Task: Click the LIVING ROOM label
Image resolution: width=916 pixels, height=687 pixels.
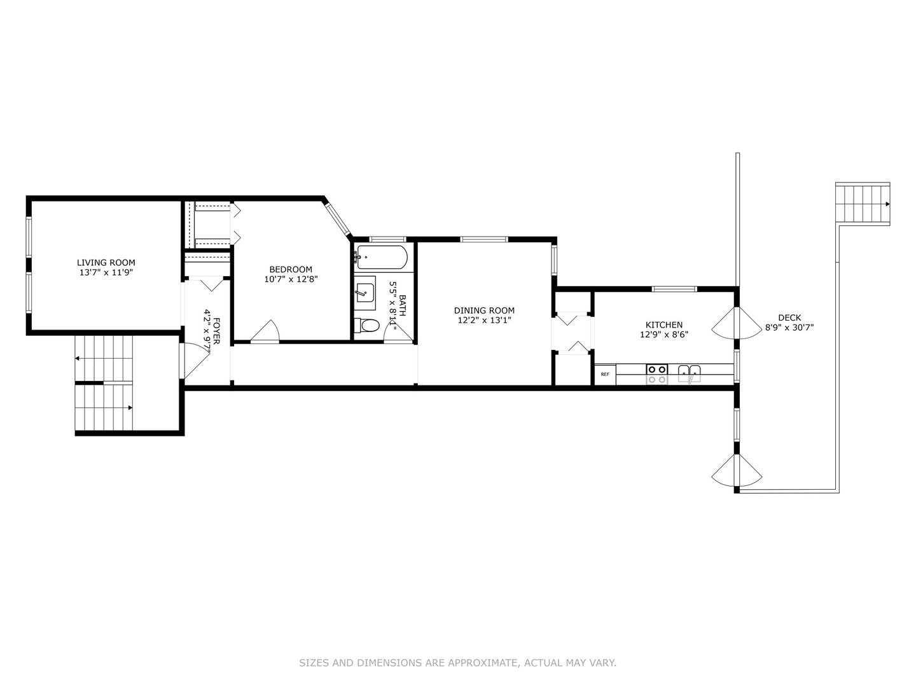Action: (x=106, y=263)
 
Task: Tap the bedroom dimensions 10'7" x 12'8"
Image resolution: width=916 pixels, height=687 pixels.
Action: (x=291, y=279)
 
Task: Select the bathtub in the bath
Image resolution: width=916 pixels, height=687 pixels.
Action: (x=382, y=258)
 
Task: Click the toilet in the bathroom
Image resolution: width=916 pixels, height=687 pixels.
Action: (x=367, y=325)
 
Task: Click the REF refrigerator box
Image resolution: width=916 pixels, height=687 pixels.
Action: (x=605, y=374)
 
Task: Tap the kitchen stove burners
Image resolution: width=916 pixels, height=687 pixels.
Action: (x=657, y=374)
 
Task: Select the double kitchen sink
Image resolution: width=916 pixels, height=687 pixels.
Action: (x=689, y=373)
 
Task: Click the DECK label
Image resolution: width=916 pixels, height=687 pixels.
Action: (x=789, y=318)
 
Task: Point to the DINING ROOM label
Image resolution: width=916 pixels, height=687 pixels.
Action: (x=484, y=310)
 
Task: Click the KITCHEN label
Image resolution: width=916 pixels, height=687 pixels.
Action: (x=664, y=324)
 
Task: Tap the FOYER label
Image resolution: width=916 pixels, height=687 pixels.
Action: (x=216, y=331)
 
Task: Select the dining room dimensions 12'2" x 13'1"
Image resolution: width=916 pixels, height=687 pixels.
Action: (x=484, y=321)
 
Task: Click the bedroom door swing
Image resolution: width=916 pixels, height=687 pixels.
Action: (x=265, y=331)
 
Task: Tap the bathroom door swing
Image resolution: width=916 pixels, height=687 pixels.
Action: (x=398, y=333)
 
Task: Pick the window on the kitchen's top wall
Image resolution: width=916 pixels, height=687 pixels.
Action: (x=674, y=289)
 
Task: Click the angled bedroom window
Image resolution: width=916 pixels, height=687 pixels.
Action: (x=338, y=219)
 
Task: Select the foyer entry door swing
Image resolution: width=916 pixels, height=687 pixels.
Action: (x=195, y=360)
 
